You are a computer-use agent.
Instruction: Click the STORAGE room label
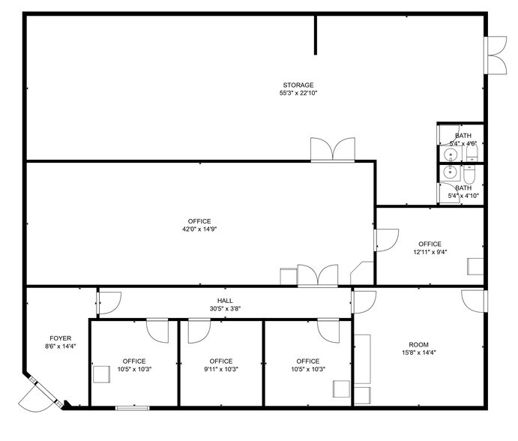298,85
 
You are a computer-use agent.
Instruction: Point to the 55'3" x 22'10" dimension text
298,94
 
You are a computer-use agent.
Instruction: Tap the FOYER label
61,338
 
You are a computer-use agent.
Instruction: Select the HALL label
225,300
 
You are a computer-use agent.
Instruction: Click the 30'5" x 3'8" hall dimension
225,308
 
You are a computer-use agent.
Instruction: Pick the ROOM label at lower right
418,343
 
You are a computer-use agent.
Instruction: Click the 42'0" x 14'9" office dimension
199,229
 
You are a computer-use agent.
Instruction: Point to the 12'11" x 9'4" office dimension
430,252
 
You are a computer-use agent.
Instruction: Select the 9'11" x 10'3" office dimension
221,369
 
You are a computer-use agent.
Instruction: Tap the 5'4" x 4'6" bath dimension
463,143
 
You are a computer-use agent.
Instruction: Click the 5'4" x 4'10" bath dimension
463,196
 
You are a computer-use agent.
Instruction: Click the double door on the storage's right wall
496,55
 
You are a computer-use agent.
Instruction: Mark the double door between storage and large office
331,149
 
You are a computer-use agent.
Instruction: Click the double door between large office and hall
317,275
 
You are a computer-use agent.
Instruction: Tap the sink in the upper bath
450,155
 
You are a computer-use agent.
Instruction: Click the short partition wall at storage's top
315,34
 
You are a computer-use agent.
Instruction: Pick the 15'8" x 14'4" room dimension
418,352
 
